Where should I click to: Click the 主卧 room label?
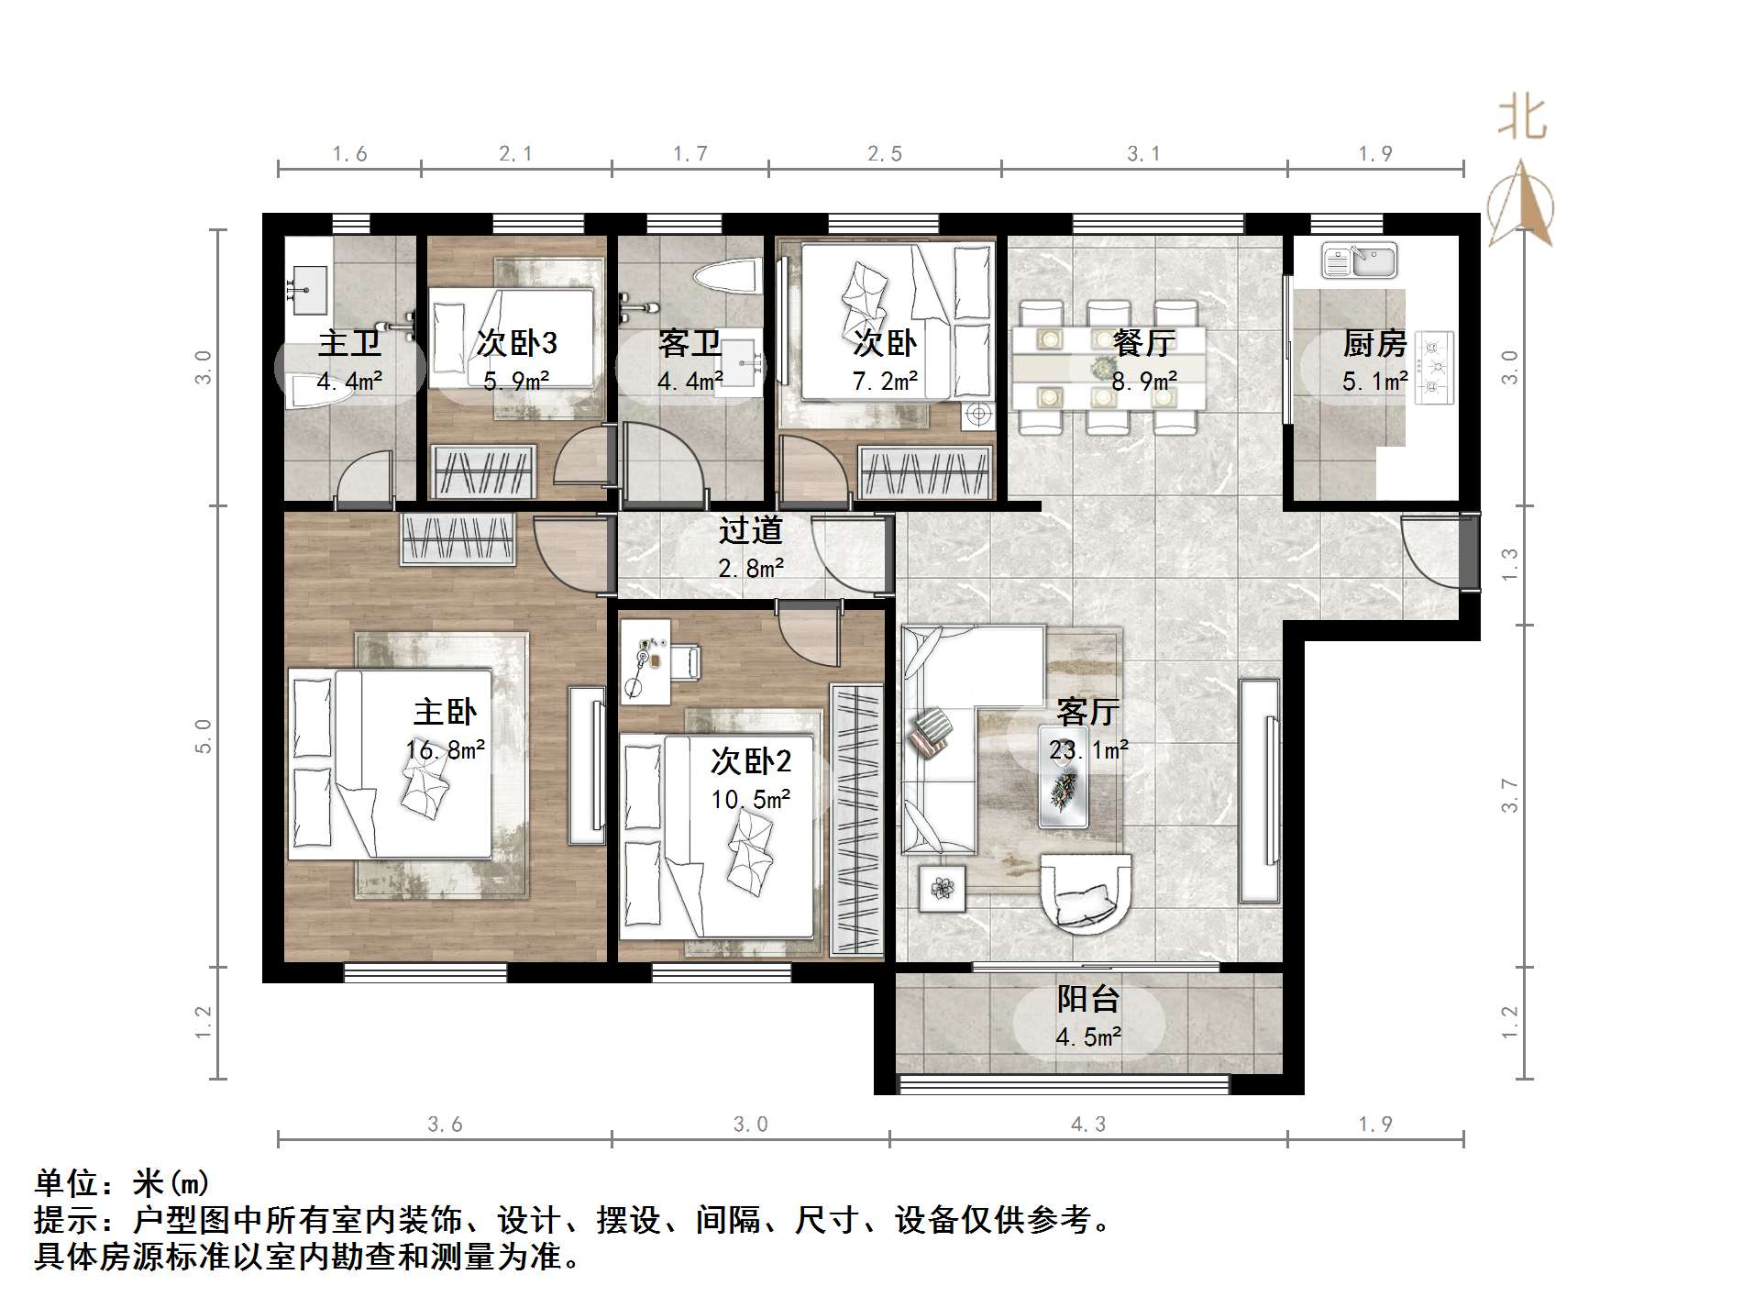tap(445, 712)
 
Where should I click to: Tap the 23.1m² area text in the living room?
tap(1088, 750)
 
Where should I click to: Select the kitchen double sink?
tap(1359, 260)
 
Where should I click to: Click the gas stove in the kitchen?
tap(1435, 369)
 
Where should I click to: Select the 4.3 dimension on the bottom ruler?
tap(1088, 1124)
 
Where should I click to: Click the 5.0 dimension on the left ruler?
tap(204, 736)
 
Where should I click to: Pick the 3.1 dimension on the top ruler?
tap(1143, 154)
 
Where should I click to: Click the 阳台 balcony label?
tap(1088, 998)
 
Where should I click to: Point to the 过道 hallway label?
tap(750, 530)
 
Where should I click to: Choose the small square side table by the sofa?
tap(942, 888)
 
